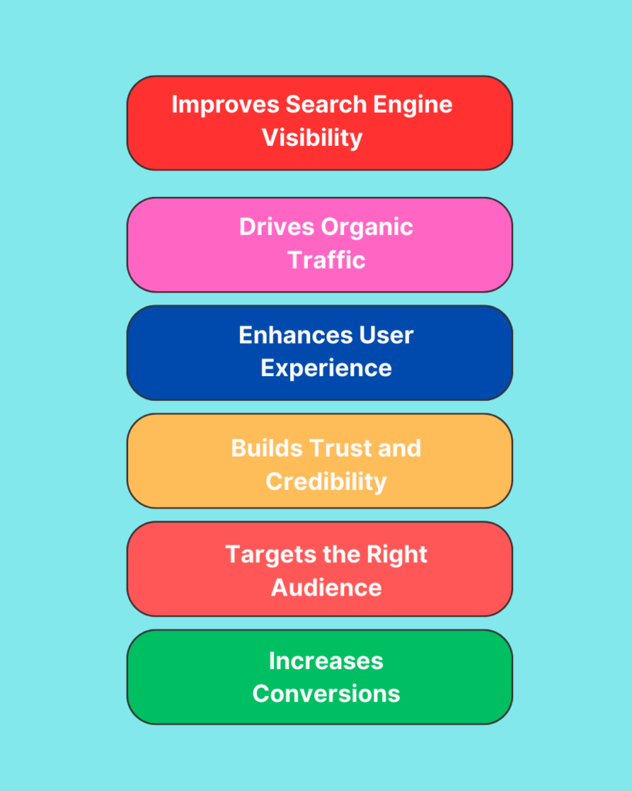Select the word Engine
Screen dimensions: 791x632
pos(414,104)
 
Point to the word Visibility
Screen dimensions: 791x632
pos(312,137)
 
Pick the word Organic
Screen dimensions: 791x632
pos(367,227)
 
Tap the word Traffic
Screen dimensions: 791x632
pos(326,260)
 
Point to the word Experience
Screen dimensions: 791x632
pos(326,368)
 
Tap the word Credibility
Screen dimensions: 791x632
pos(326,481)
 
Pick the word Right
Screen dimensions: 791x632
pos(399,555)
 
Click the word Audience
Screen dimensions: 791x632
pos(326,587)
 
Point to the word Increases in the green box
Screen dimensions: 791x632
pos(326,660)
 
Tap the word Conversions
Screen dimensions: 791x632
pos(326,694)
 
